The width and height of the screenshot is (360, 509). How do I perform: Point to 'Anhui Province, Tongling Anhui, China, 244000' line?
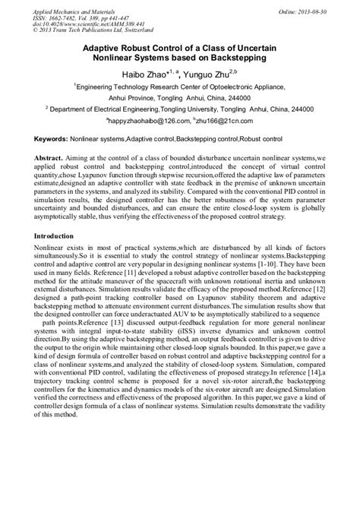point(180,98)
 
